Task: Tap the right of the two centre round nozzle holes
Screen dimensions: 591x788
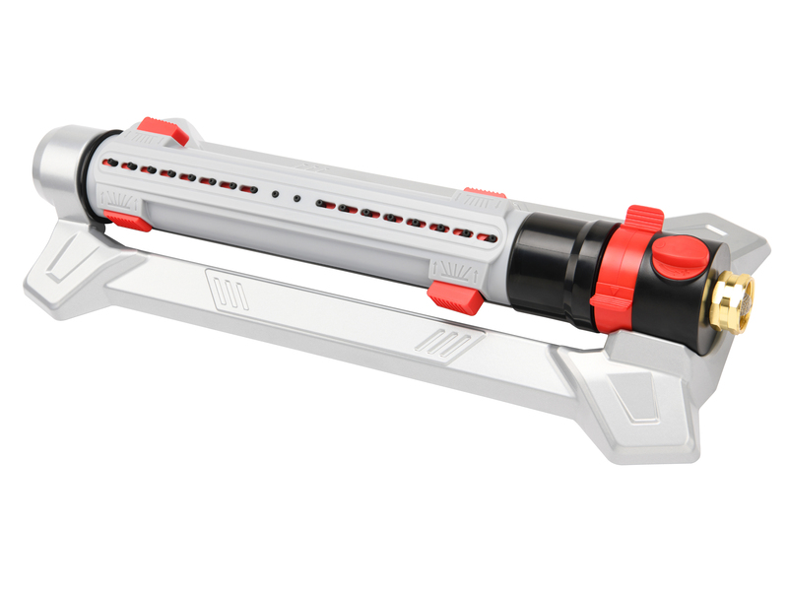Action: (296, 196)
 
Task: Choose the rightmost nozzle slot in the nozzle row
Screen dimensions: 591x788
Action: (482, 235)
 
